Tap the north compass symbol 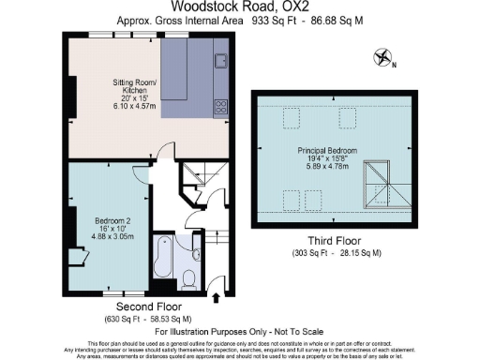pyautogui.click(x=382, y=57)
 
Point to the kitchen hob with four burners pyautogui.click(x=221, y=106)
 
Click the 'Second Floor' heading pyautogui.click(x=148, y=307)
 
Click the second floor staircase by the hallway pyautogui.click(x=199, y=177)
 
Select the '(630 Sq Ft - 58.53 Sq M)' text pyautogui.click(x=148, y=319)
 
